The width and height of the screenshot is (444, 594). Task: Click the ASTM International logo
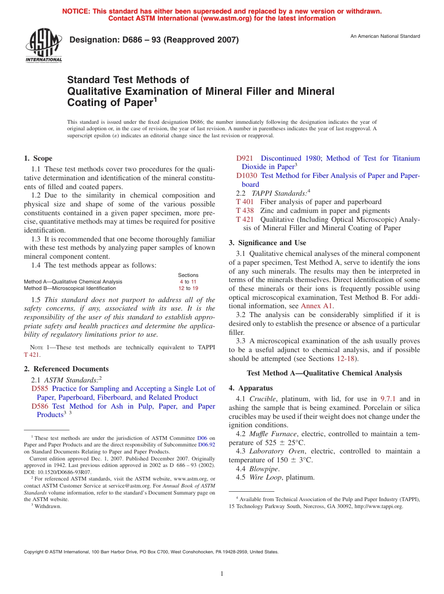pyautogui.click(x=43, y=46)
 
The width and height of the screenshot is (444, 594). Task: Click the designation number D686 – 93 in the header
pyautogui.click(x=154, y=40)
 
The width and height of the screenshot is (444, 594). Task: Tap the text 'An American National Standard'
pyautogui.click(x=385, y=36)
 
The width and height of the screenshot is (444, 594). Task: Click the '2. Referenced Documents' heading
pyautogui.click(x=66, y=369)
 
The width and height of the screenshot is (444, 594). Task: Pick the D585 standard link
pyautogui.click(x=40, y=389)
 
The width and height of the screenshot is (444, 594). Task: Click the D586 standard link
pyautogui.click(x=40, y=406)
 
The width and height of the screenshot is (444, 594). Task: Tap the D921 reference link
pyautogui.click(x=245, y=158)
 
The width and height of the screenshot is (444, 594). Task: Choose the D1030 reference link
pyautogui.click(x=247, y=176)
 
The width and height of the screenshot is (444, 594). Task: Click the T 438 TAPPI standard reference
pyautogui.click(x=245, y=211)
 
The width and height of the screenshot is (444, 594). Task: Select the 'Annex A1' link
pyautogui.click(x=316, y=306)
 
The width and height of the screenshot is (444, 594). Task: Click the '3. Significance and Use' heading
pyautogui.click(x=267, y=243)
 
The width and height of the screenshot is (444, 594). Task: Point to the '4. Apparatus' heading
pyautogui.click(x=251, y=388)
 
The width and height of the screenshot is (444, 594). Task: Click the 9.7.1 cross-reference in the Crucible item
pyautogui.click(x=388, y=399)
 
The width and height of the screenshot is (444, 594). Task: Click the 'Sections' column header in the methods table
pyautogui.click(x=188, y=275)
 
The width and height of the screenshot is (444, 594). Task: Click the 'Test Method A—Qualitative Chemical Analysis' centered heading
pyautogui.click(x=324, y=373)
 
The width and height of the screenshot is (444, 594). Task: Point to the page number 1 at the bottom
pyautogui.click(x=222, y=574)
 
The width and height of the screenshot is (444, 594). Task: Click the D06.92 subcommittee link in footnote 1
pyautogui.click(x=207, y=445)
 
